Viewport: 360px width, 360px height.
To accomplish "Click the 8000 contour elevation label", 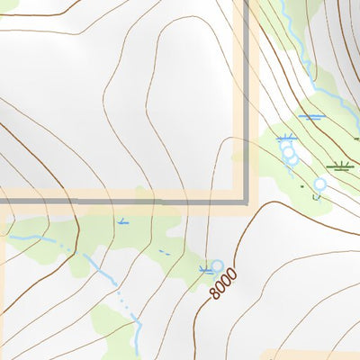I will point(223,284).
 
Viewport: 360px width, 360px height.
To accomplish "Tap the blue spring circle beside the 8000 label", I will point(216,265).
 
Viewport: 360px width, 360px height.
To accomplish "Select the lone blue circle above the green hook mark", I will point(319,184).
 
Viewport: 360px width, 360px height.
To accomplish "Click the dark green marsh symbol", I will point(339,166).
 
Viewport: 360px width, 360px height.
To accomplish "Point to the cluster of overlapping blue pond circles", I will point(289,153).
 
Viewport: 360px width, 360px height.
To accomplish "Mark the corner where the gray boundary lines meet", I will point(247,201).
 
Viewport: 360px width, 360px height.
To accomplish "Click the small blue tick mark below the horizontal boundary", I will point(122,220).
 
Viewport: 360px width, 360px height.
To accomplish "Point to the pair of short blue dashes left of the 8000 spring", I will point(166,253).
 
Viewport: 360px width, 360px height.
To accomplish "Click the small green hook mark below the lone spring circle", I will point(318,195).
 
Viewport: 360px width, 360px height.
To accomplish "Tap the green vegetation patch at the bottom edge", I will point(117,333).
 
